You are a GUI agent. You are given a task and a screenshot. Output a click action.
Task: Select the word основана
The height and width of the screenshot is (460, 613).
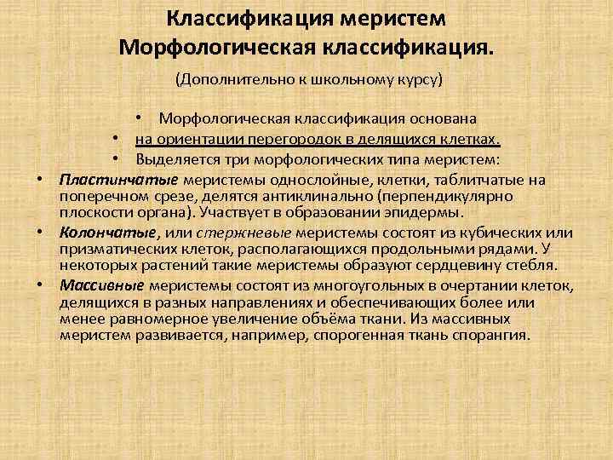pyautogui.click(x=440, y=118)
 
